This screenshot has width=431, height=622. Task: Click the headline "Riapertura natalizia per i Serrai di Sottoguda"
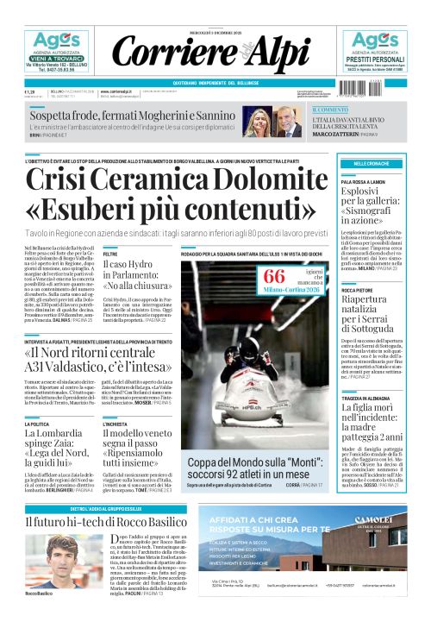(377, 312)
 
